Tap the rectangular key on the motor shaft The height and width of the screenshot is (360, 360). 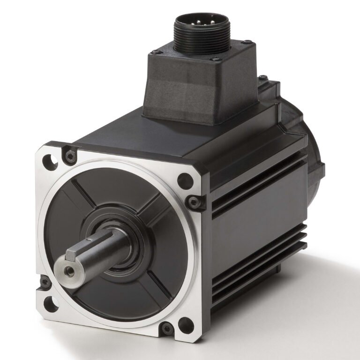click(x=75, y=254)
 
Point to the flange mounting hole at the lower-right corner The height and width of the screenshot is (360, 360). click(x=186, y=324)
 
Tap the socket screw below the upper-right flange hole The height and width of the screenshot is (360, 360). click(x=193, y=202)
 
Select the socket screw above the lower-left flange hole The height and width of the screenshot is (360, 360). click(x=45, y=282)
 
